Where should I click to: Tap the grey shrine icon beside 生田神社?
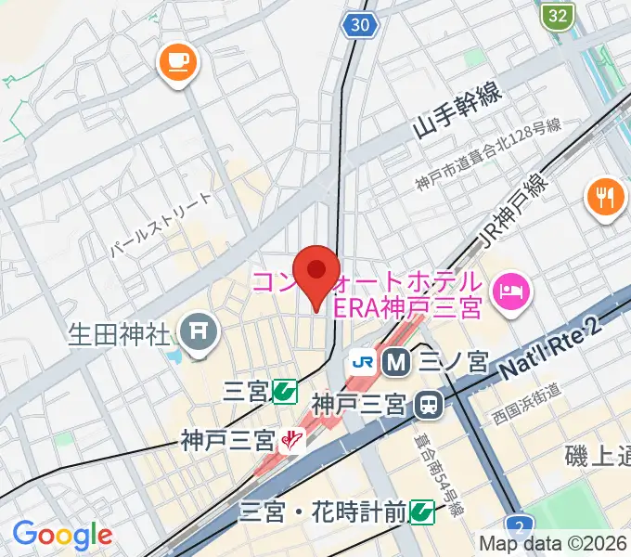(x=198, y=330)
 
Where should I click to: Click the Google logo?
(x=61, y=534)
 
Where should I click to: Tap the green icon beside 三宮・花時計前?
(x=422, y=510)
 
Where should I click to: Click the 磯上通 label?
(x=597, y=456)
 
